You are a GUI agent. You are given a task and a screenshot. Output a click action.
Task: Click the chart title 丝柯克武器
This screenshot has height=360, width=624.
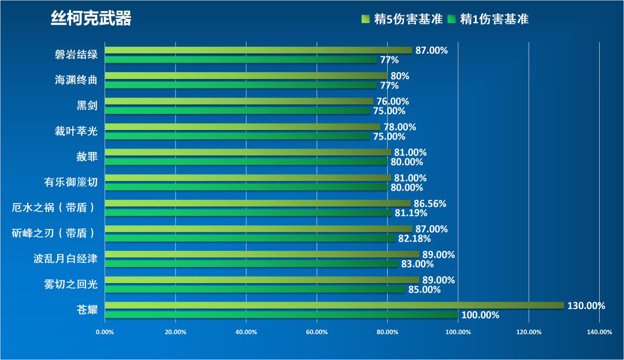pos(91,19)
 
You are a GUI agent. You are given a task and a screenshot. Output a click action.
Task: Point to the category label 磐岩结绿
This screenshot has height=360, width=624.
pos(76,55)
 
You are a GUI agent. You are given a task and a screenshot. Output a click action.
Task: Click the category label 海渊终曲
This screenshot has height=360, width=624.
pos(76,80)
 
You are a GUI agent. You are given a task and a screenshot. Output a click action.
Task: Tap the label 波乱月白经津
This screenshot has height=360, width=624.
pos(65,259)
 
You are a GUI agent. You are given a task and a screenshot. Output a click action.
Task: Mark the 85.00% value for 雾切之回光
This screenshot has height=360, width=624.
pos(424,290)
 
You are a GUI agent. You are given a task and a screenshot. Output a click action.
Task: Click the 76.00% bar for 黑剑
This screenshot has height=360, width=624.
pos(239,101)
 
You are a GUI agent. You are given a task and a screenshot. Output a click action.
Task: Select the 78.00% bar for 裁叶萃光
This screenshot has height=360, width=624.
pos(242,127)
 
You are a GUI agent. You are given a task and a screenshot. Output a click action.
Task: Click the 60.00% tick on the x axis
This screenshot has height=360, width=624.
pos(317,332)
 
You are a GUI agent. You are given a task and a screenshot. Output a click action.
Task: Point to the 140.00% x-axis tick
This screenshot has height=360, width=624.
pos(599,332)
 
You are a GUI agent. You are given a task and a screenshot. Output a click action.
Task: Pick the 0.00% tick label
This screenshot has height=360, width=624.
pos(105,332)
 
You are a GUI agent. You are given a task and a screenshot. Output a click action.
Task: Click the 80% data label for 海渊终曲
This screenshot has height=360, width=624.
pos(400,76)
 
